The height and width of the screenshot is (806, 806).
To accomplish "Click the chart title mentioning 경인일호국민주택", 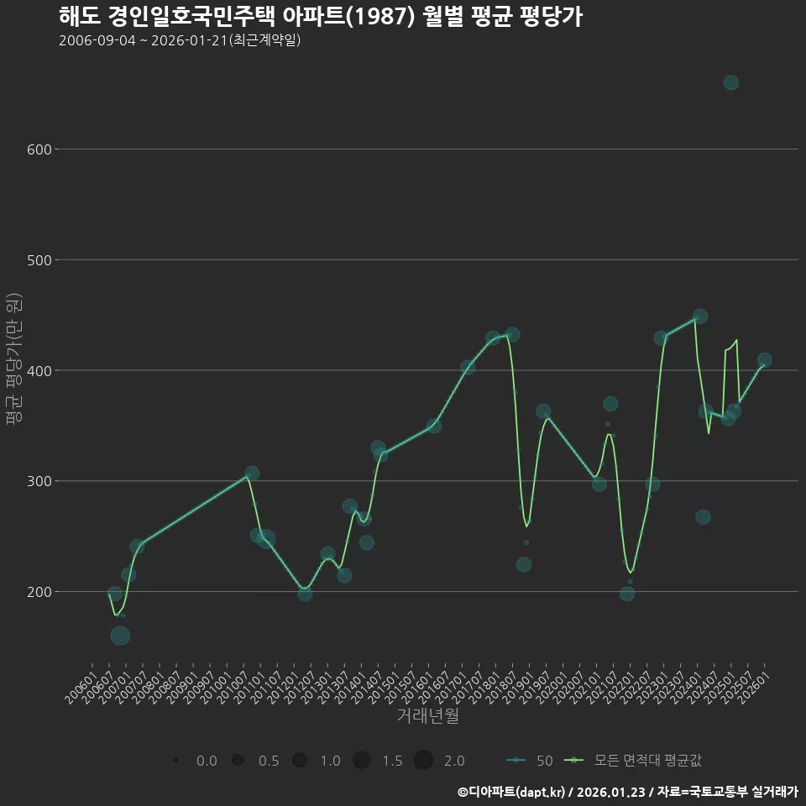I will click(320, 17).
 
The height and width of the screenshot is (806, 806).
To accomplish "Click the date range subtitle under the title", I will click(180, 40).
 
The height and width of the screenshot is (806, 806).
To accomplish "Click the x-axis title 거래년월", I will click(427, 716).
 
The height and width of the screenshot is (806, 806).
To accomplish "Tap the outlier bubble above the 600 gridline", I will click(730, 82).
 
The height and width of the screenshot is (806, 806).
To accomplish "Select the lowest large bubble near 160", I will click(120, 636).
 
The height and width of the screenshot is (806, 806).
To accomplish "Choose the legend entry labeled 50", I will click(530, 761).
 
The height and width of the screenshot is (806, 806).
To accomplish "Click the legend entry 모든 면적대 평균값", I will click(634, 761).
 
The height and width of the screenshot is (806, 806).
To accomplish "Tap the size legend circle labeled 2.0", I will click(422, 761).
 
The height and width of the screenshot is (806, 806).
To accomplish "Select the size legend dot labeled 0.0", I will click(175, 761).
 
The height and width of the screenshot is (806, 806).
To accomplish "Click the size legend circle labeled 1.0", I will click(300, 761).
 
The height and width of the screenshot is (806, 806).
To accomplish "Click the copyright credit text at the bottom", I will click(627, 791).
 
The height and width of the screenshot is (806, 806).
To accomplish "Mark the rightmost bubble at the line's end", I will click(764, 360).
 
